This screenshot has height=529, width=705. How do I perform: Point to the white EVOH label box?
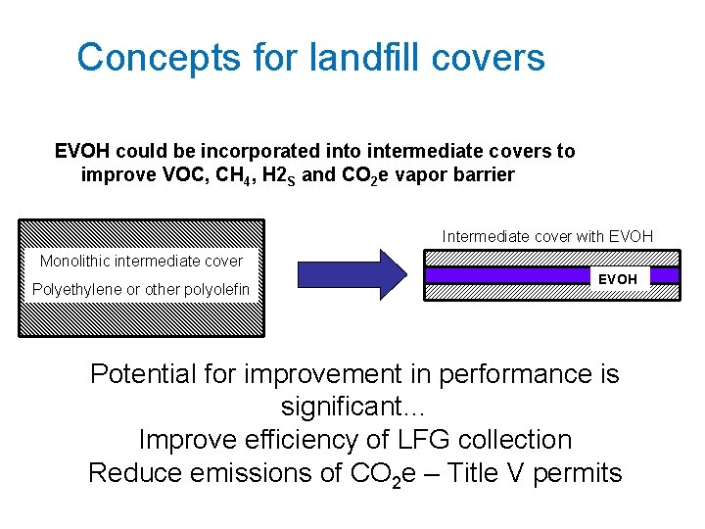coord(618,279)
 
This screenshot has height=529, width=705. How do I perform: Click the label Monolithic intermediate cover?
coord(141,261)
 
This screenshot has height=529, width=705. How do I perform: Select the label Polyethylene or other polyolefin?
coord(141,289)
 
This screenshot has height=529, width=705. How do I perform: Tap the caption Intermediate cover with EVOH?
coord(547,236)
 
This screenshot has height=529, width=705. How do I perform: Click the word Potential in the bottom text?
coord(140,374)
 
